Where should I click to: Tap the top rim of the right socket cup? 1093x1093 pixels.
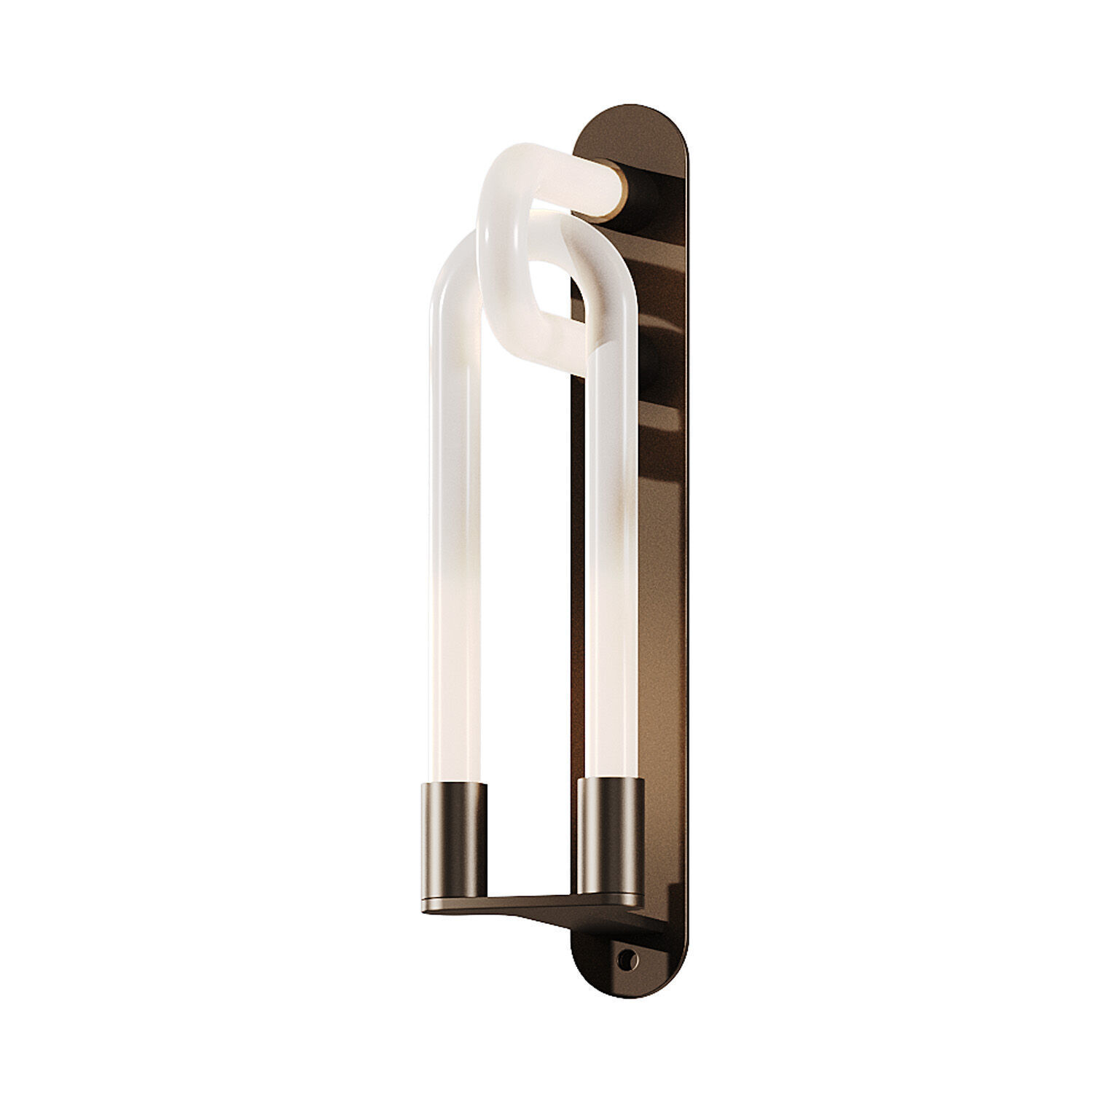[x=611, y=781]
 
